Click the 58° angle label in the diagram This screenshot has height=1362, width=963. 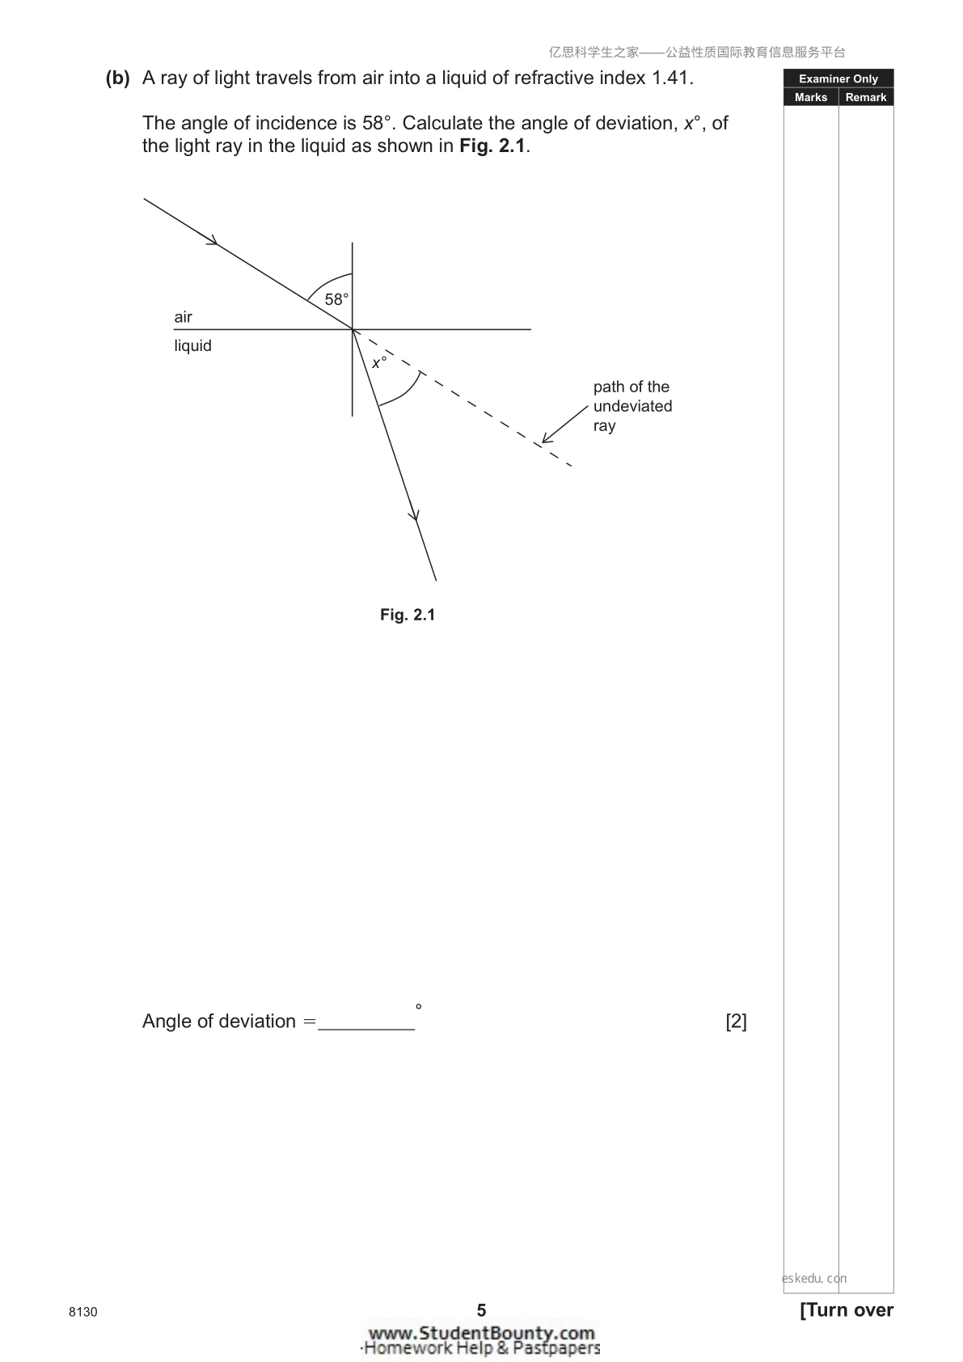coord(336,299)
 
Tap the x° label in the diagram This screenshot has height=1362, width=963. coord(378,362)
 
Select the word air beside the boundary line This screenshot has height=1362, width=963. coord(183,317)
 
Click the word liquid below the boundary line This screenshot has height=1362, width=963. coord(192,346)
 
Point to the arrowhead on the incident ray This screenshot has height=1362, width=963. coord(212,240)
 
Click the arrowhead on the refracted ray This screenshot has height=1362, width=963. coord(414,514)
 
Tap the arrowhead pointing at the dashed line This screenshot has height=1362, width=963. coord(547,437)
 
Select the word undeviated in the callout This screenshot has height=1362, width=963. coord(632,406)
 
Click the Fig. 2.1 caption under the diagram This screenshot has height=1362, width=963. coord(408,615)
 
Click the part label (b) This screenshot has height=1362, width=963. coord(117,78)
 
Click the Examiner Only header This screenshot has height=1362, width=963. coord(838,78)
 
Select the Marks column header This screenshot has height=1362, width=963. coord(811,97)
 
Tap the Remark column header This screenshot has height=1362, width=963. coord(866,97)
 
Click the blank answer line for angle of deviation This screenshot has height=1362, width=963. coord(366,1029)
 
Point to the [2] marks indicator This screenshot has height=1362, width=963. coord(737,1021)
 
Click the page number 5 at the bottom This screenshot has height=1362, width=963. coord(482,1309)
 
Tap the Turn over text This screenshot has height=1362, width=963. coord(847,1309)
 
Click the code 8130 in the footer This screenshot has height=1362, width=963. coord(82,1312)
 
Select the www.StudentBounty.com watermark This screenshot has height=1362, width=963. coord(482,1333)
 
